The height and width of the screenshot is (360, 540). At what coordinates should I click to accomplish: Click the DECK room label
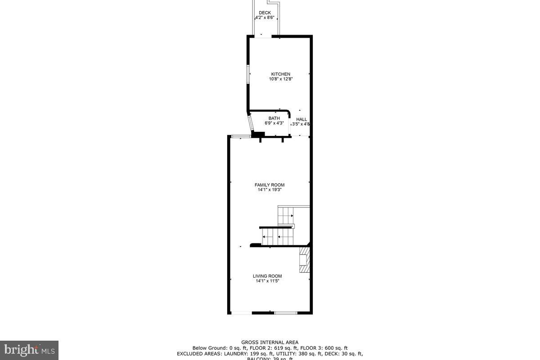265,13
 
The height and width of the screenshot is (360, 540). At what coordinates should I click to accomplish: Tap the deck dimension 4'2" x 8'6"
265,18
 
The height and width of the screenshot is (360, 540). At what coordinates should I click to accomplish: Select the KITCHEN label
280,74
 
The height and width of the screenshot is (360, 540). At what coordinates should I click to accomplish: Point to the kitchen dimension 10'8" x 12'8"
280,79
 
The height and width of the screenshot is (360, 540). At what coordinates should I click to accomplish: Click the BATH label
274,118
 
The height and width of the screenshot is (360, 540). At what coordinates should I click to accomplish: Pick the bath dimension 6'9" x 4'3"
274,123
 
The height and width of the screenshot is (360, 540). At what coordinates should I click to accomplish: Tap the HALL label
301,119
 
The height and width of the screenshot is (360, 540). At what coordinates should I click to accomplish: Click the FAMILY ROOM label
270,185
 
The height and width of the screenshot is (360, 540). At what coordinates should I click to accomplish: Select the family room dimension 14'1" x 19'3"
270,190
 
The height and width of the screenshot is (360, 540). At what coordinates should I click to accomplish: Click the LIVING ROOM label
267,276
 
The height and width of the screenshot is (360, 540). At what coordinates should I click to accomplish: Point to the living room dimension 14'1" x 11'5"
267,281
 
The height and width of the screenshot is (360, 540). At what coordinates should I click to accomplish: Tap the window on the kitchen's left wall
248,74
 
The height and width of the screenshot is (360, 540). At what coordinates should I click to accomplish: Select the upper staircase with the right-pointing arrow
286,216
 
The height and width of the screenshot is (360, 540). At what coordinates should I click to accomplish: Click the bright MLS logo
29,350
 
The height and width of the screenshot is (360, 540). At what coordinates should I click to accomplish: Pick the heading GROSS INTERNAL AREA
270,342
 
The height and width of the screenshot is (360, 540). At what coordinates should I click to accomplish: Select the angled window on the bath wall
250,123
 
